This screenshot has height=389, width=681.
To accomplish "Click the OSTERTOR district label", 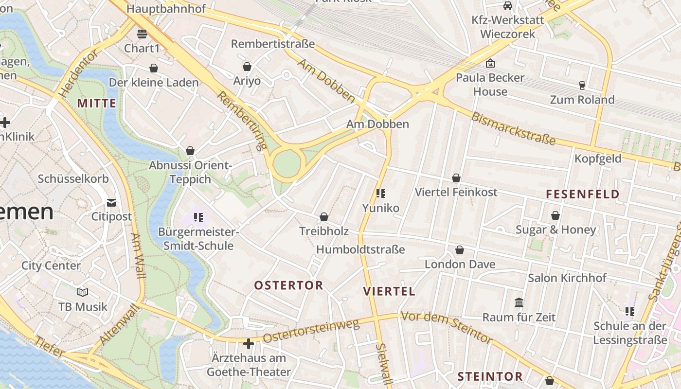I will [x=288, y=285].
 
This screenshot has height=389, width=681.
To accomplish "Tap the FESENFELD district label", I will [x=583, y=194].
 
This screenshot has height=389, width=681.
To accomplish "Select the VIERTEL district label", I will [x=389, y=291].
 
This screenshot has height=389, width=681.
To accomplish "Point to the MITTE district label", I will [x=97, y=103].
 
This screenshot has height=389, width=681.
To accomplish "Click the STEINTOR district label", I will [x=490, y=376].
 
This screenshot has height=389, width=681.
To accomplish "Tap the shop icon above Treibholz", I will [x=324, y=217].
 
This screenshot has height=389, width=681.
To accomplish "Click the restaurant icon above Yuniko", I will [x=381, y=194].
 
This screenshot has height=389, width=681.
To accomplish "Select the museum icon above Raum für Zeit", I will [x=519, y=303].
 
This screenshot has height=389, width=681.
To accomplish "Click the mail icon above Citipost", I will [x=112, y=202].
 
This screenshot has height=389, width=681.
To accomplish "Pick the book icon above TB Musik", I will [x=83, y=292].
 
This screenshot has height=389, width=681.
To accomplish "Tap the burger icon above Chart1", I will [x=142, y=34].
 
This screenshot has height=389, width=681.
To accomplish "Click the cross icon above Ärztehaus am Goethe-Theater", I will [x=249, y=344].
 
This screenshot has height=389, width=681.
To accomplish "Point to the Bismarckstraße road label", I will [x=513, y=129].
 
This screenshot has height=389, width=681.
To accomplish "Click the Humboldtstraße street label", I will [x=360, y=249].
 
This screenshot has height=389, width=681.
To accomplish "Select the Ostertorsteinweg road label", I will [x=311, y=331].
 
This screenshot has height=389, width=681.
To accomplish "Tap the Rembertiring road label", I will [x=242, y=120].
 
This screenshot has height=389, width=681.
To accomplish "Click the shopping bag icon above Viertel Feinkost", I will [x=456, y=178].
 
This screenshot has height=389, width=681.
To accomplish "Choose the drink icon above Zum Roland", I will [x=582, y=86].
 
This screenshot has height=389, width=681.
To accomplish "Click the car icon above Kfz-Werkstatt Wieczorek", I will [x=507, y=6].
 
